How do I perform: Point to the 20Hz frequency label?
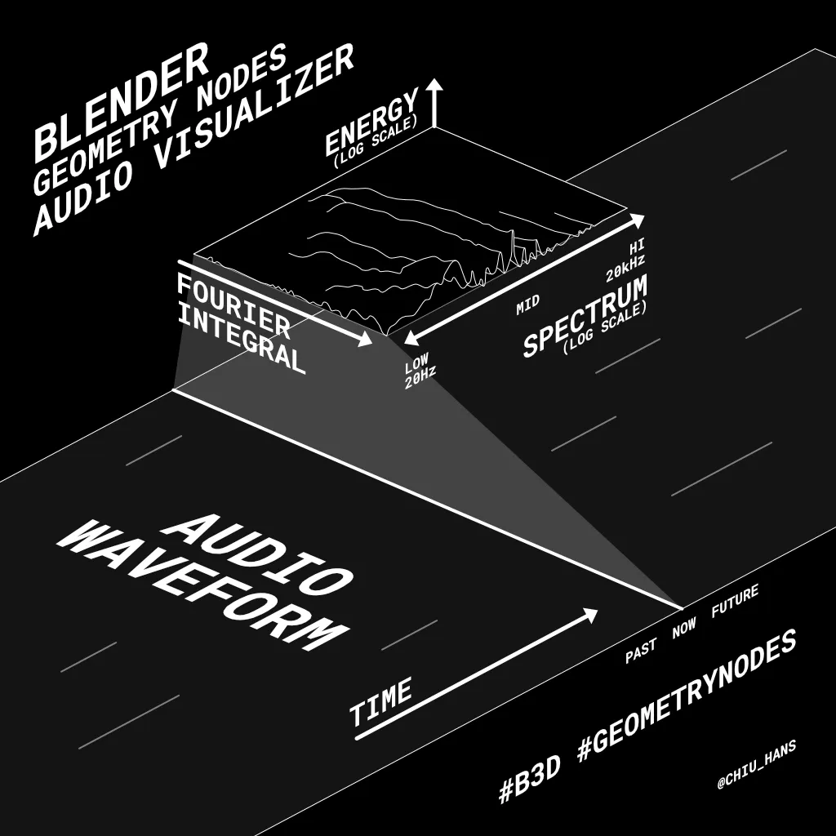pos(420,376)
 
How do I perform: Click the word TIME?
pos(381,703)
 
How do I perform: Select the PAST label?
pos(642,651)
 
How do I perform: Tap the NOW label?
pos(684,627)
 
